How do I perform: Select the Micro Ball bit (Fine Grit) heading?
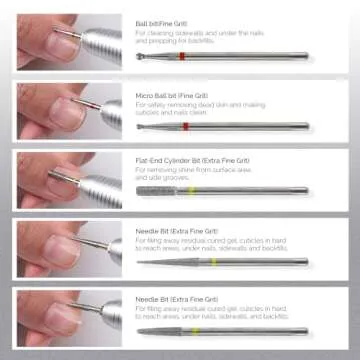click(x=171, y=91)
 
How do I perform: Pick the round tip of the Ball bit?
click(x=141, y=55)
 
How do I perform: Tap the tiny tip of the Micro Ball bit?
click(x=140, y=125)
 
